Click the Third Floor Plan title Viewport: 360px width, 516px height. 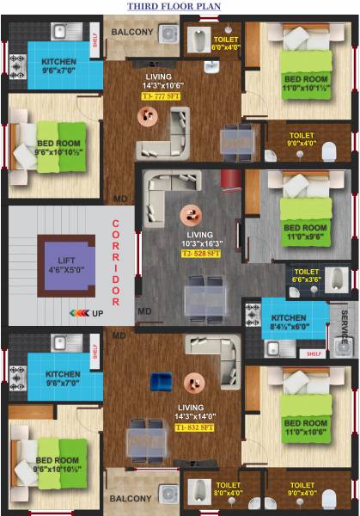click(174, 7)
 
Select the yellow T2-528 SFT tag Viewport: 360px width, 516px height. click(200, 255)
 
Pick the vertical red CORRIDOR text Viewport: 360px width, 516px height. click(115, 262)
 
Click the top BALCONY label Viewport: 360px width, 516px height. click(132, 33)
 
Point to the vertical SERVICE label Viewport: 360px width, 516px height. click(345, 329)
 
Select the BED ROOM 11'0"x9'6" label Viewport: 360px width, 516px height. click(306, 232)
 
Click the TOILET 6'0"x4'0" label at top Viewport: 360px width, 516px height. click(226, 44)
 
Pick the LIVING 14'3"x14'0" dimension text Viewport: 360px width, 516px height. click(194, 417)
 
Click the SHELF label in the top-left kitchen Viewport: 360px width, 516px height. click(94, 37)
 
